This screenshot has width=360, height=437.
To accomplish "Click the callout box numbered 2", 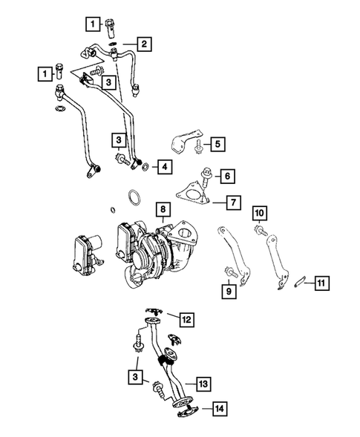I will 144,44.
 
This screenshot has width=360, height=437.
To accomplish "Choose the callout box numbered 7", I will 233,201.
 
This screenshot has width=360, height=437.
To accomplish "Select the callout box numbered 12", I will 186,319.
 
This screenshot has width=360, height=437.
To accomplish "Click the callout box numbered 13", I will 203,384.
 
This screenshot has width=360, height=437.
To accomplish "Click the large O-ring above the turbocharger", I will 134,198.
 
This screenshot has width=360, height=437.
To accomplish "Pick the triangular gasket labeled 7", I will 194,196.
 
